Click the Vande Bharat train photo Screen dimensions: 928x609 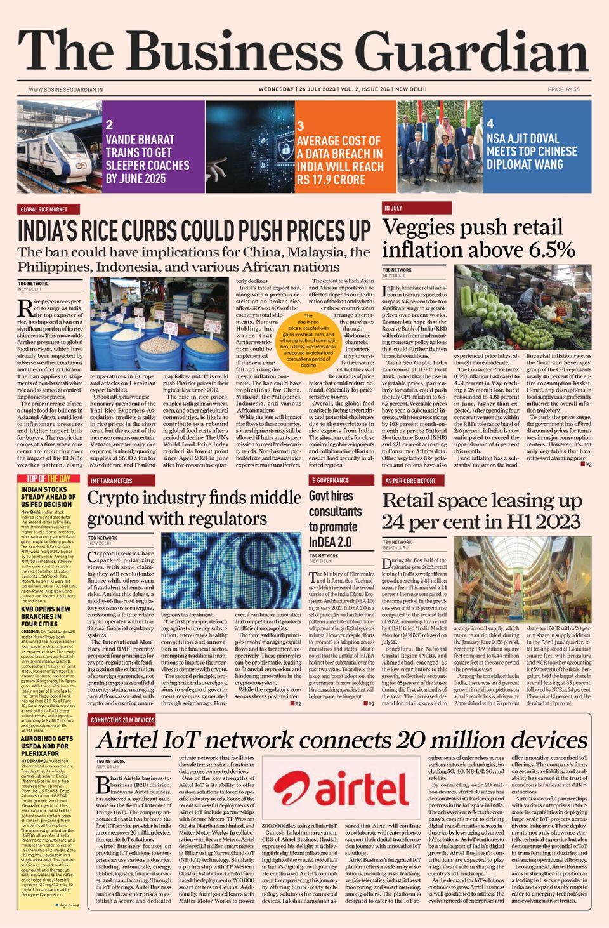[x=58, y=147]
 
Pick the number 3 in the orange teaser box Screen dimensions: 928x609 [x=301, y=126]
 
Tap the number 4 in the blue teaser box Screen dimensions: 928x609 [x=490, y=124]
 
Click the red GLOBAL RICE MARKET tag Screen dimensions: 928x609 [x=49, y=209]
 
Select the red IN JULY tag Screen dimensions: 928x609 [x=393, y=208]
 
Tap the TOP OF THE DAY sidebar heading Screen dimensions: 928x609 [x=48, y=479]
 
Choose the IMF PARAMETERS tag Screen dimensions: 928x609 [x=112, y=481]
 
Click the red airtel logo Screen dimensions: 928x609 [x=341, y=790]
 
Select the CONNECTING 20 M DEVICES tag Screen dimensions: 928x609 [x=122, y=720]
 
